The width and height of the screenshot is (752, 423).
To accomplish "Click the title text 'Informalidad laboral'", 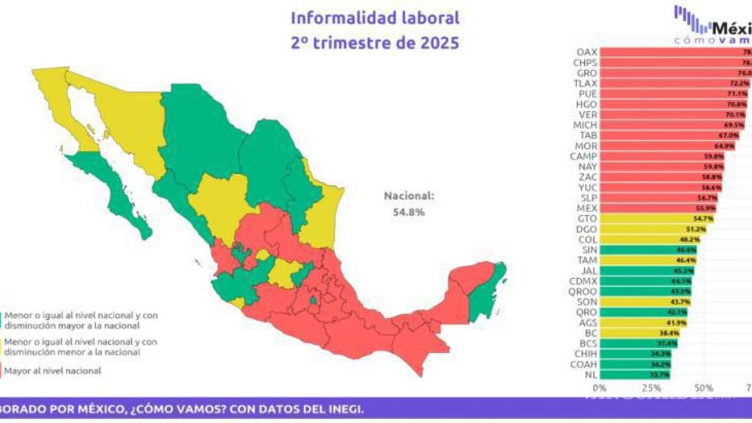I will click(375, 18).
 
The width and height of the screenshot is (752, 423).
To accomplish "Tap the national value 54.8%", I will click(408, 211).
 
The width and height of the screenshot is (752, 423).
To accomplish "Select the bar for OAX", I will click(672, 52).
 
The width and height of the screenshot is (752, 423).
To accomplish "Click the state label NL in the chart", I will click(589, 375).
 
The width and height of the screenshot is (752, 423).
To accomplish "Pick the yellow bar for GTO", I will click(656, 219).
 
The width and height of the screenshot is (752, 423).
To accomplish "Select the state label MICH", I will click(584, 125).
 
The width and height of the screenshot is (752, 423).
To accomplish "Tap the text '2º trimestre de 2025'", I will click(375, 44).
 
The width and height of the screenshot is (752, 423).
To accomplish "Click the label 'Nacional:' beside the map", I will click(408, 195).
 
